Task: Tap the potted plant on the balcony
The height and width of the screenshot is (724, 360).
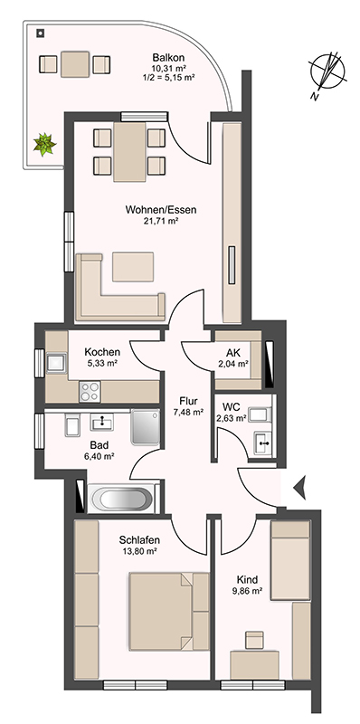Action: click(x=44, y=144)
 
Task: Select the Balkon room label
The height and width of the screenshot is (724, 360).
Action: click(x=168, y=58)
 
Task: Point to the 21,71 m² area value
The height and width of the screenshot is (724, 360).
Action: click(x=161, y=221)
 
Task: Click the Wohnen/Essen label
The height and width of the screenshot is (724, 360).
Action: click(x=161, y=210)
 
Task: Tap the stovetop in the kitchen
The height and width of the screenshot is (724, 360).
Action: click(x=90, y=392)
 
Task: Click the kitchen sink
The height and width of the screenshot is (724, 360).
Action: click(x=56, y=362)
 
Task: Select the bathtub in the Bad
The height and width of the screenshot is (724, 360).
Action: click(x=123, y=499)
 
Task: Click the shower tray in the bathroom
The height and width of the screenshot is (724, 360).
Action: click(x=146, y=426)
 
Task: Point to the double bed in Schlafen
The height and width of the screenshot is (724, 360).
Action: click(x=169, y=611)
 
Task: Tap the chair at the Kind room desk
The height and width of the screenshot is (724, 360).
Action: click(x=254, y=640)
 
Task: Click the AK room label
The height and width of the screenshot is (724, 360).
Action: click(x=233, y=353)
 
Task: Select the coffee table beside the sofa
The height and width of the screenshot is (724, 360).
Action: click(x=133, y=266)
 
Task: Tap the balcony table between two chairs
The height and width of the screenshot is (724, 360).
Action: click(x=75, y=64)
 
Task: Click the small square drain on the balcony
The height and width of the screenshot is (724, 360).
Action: click(x=40, y=33)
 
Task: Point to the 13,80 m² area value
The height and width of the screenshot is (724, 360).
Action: click(x=139, y=551)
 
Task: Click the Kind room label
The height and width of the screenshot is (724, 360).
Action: click(x=247, y=579)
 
